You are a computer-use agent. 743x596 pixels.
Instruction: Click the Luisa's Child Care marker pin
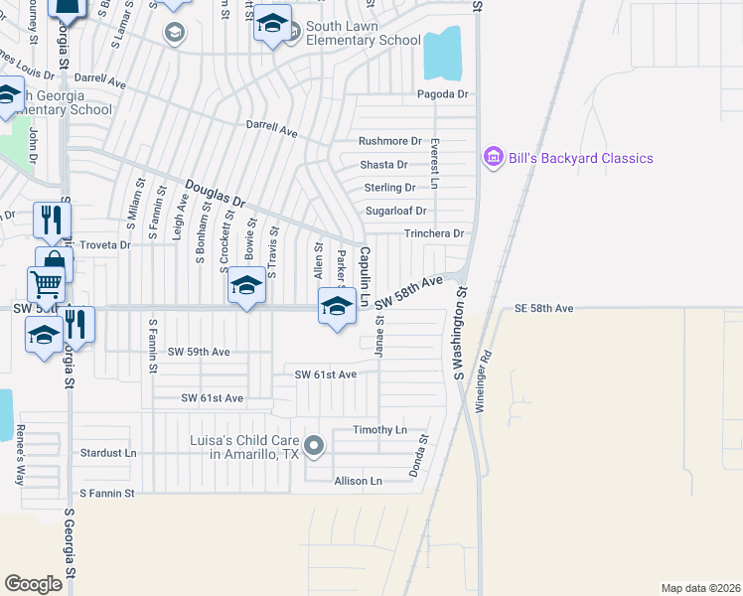tap(314, 446)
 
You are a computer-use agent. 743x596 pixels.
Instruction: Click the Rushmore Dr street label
tap(390, 142)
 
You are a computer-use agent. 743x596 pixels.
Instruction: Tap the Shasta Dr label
tap(382, 165)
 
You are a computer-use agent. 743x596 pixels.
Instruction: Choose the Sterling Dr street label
tap(389, 188)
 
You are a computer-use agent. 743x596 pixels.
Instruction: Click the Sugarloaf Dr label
tap(395, 211)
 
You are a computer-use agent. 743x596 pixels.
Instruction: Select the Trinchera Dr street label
tap(434, 233)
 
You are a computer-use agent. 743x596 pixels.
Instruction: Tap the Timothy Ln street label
tap(380, 430)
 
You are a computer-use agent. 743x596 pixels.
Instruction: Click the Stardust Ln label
tap(108, 452)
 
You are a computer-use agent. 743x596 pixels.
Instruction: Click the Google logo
tap(34, 584)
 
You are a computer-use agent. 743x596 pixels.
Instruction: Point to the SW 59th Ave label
tap(199, 352)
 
